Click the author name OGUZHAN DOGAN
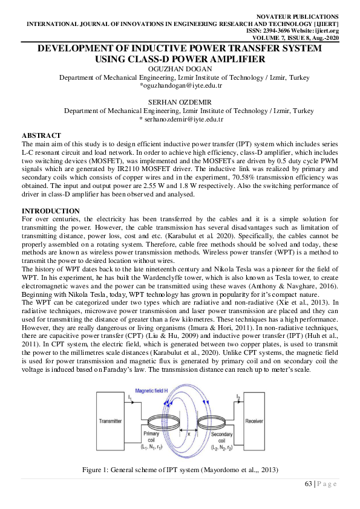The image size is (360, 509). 180,69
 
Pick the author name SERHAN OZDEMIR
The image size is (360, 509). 180,103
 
